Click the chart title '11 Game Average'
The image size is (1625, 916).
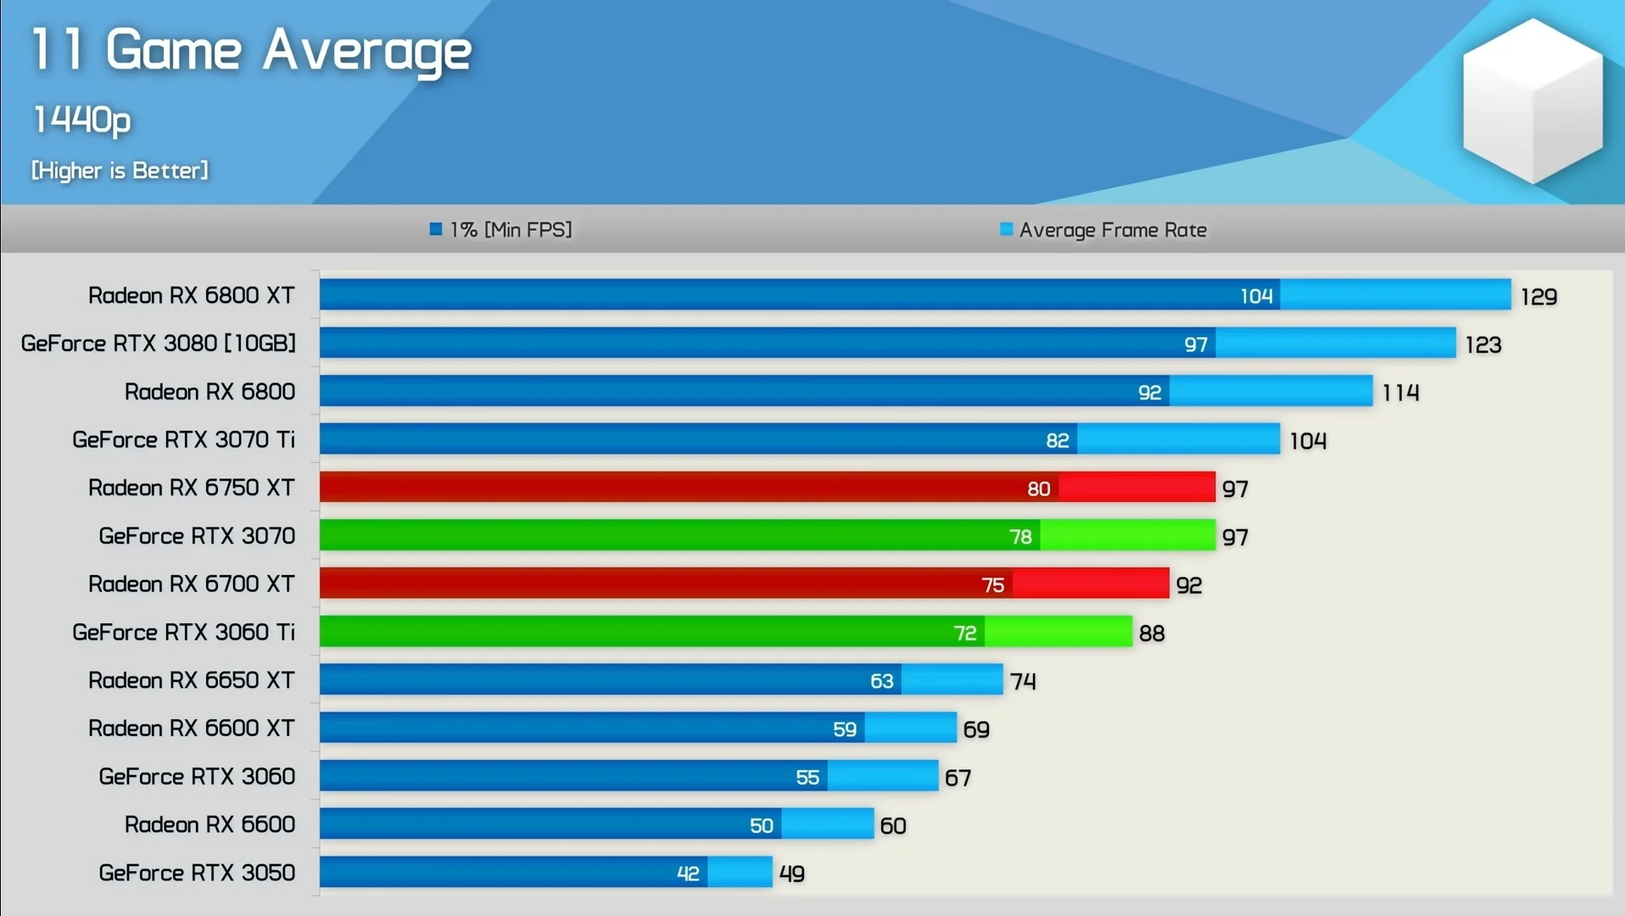tap(251, 50)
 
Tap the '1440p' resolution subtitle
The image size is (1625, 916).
tap(82, 120)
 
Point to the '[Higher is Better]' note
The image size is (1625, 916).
tap(120, 170)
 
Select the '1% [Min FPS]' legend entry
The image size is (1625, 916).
tap(501, 230)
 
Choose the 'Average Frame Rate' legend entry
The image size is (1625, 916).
tap(1103, 230)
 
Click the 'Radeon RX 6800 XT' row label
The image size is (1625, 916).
tap(192, 295)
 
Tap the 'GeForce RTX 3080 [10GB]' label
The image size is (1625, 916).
tap(159, 343)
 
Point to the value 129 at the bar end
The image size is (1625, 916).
tap(1538, 297)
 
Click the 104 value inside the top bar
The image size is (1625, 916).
tap(1256, 296)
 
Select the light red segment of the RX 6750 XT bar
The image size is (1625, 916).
tap(1136, 488)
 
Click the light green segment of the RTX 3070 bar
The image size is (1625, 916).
tap(1127, 536)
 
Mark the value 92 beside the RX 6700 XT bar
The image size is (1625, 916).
tap(1189, 585)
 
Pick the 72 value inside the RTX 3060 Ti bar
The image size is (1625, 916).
tap(965, 634)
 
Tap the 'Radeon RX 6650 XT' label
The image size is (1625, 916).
tap(192, 680)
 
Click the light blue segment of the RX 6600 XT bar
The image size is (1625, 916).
tap(911, 729)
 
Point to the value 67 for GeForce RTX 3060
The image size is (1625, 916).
tap(958, 778)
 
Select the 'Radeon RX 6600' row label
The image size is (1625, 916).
tap(209, 824)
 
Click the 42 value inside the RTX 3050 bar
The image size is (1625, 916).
tap(688, 874)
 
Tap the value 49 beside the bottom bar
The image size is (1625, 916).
tap(792, 874)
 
